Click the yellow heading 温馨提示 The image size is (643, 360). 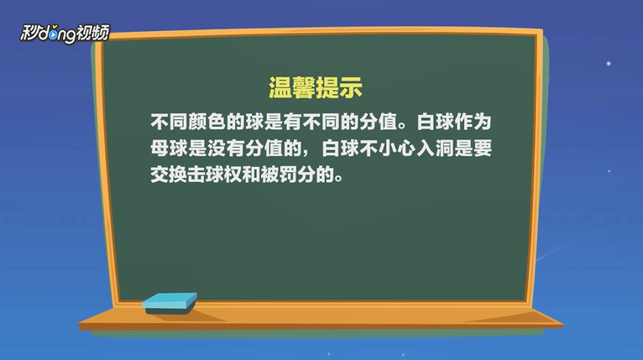[316, 87]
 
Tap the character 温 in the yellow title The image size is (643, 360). [280, 87]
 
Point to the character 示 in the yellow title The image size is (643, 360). [351, 87]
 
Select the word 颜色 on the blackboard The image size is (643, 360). [207, 122]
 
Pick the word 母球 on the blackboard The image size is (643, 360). [169, 148]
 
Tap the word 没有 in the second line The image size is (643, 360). [226, 148]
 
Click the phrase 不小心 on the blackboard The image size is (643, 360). [388, 148]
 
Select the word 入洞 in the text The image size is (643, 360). [435, 148]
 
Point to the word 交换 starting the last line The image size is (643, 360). [169, 175]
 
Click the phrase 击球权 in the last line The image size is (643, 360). [217, 175]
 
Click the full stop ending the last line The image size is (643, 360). [339, 180]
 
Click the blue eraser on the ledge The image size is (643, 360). [170, 304]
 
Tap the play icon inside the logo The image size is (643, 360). [53, 35]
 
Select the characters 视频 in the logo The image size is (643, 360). [93, 33]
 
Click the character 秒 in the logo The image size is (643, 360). [29, 33]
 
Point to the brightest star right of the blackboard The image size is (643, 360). [609, 63]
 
